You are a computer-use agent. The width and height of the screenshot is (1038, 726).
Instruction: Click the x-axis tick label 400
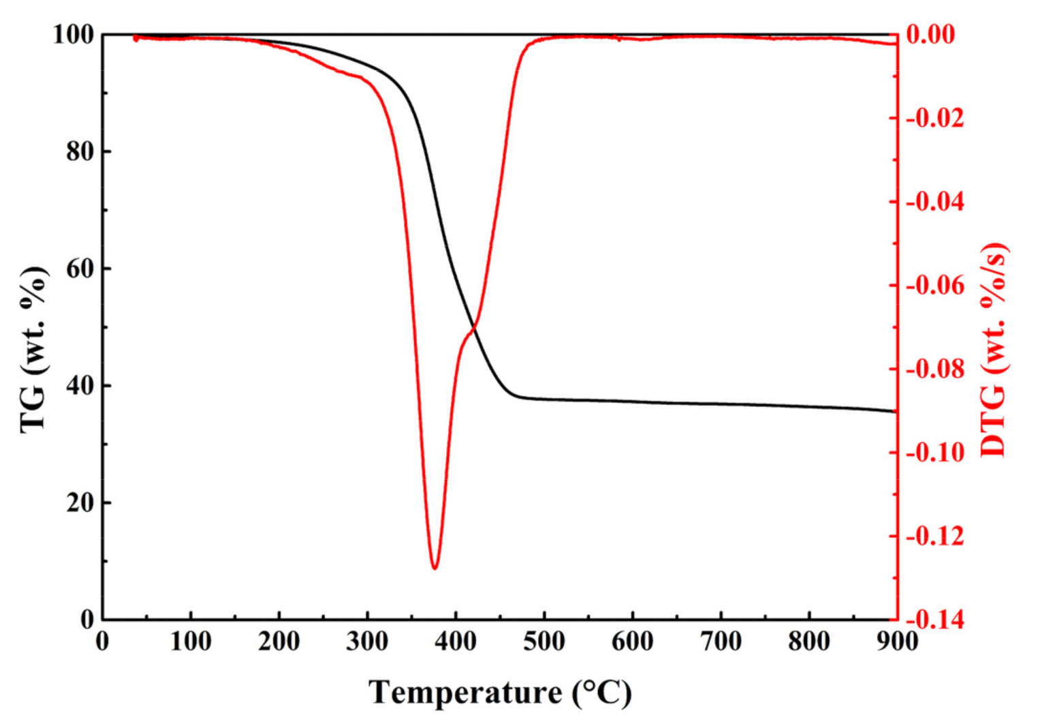[455, 641]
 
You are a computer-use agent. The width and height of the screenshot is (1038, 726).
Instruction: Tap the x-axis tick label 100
[191, 641]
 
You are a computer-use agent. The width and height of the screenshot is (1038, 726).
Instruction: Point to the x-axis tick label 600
[632, 641]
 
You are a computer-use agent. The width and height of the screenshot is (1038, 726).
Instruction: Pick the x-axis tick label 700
[721, 641]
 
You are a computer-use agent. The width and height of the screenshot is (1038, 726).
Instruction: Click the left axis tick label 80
[80, 151]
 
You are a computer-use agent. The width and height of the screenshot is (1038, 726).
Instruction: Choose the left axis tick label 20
[80, 503]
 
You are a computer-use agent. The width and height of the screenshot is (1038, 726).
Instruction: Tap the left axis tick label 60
[80, 269]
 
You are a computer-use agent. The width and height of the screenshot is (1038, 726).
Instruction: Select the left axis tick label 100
[73, 34]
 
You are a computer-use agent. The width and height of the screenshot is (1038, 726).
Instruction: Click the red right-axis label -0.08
[935, 369]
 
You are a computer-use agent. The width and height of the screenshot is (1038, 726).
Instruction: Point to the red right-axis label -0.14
[935, 620]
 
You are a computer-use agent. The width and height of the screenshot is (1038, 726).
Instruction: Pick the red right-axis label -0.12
[935, 536]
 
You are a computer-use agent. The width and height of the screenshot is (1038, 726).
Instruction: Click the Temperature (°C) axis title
[500, 693]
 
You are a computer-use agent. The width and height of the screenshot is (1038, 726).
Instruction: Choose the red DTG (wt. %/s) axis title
[994, 349]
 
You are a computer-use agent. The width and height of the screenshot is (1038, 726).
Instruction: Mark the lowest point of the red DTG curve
[435, 567]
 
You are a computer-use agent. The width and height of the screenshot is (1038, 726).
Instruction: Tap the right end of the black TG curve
[895, 411]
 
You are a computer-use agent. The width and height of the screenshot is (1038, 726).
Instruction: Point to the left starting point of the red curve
[136, 38]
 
